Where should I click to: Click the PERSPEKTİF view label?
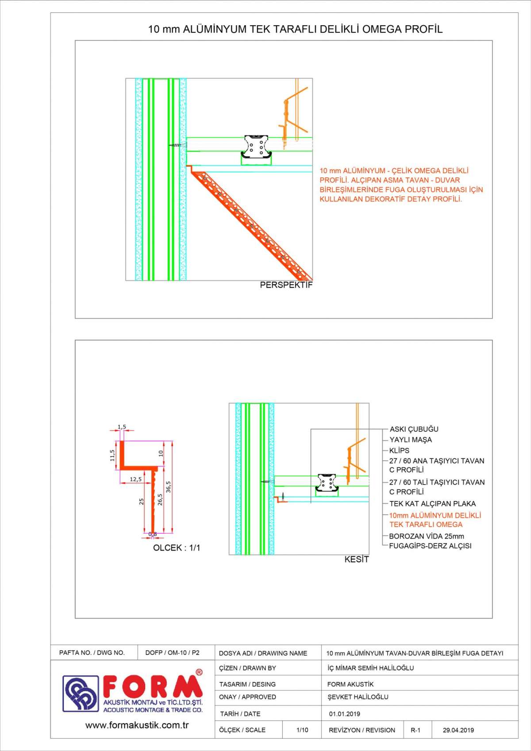click(286, 285)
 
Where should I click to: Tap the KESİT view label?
click(356, 559)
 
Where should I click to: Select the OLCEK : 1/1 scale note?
click(177, 548)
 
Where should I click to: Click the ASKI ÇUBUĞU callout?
click(414, 429)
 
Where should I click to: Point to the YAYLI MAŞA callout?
click(410, 440)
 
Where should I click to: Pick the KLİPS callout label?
click(399, 451)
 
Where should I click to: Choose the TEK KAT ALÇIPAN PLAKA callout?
click(432, 504)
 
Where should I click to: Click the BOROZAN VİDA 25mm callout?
click(427, 536)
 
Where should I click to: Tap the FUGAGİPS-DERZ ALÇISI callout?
click(430, 546)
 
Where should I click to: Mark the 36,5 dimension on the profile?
click(169, 487)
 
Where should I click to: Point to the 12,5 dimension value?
click(136, 479)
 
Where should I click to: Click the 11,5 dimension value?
click(112, 455)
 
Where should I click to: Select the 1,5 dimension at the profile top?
click(122, 427)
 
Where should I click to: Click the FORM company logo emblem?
click(81, 693)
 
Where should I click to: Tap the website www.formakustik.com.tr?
click(137, 725)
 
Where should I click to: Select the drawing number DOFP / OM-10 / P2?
click(172, 653)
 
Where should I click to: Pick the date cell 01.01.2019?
click(344, 714)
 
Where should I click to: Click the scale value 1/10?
click(302, 730)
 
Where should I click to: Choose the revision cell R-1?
click(416, 730)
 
